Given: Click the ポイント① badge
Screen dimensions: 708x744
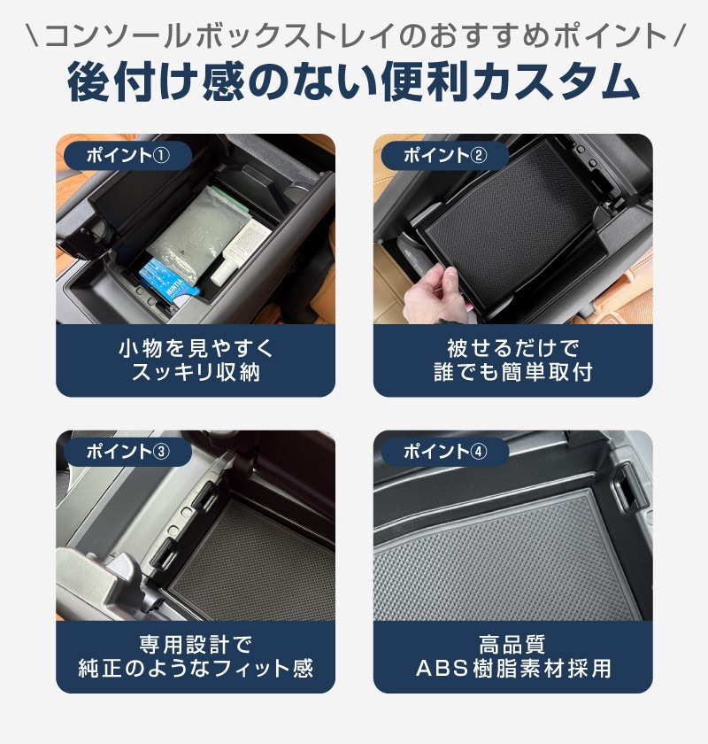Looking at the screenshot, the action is (127, 155).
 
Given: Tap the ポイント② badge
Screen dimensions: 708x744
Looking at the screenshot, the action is (445, 155).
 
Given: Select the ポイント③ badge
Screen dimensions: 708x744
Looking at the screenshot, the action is (127, 451).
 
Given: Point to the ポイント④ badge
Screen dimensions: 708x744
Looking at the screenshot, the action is (445, 451).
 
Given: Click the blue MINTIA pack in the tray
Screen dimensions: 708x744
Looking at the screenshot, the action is (167, 281).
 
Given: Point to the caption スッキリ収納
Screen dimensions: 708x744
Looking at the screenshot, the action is (196, 372).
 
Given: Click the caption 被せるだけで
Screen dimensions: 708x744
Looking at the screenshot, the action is (512, 348).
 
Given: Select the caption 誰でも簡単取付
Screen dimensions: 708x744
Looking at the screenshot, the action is (512, 372).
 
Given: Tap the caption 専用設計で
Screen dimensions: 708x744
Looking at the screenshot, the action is (196, 645).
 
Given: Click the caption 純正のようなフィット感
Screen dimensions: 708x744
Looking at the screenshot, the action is (196, 668).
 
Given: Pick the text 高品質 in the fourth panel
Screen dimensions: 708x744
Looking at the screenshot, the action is (512, 645).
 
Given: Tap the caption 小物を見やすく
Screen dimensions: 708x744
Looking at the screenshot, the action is (196, 348).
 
